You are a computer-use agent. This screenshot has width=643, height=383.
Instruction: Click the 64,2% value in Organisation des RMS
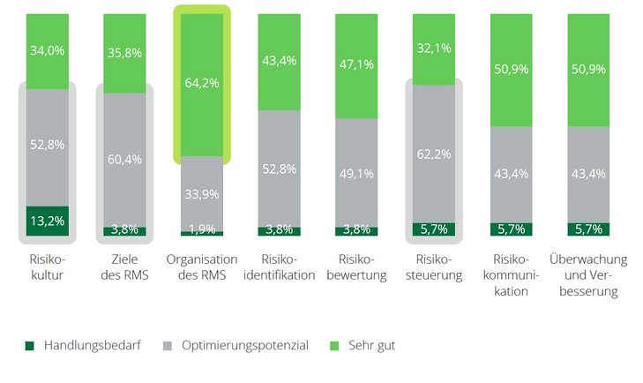(x=202, y=83)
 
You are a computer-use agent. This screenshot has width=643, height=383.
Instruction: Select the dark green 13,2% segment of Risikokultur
(x=48, y=222)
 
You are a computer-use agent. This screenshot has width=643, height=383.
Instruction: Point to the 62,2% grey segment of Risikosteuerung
(x=434, y=154)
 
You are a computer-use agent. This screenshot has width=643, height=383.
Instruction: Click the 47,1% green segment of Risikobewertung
(x=356, y=64)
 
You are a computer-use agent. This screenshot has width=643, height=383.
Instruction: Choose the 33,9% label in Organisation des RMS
(x=202, y=193)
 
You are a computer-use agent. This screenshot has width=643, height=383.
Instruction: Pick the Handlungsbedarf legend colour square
(x=31, y=345)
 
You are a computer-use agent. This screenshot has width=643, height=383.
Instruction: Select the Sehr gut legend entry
(x=370, y=345)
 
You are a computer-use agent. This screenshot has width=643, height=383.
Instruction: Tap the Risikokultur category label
(x=48, y=267)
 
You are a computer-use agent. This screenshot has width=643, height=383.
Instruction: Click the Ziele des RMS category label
(x=125, y=267)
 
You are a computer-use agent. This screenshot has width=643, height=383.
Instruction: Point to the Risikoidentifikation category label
(x=280, y=267)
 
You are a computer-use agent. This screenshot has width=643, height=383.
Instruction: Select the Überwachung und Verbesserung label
(x=588, y=274)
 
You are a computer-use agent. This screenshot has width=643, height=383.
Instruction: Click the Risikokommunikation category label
(x=511, y=274)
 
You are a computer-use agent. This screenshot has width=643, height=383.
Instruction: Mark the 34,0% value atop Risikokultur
(x=48, y=50)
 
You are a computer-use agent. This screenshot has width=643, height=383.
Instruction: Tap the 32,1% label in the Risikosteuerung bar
(x=434, y=49)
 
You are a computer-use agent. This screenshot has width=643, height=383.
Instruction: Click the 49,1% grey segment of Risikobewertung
(x=356, y=174)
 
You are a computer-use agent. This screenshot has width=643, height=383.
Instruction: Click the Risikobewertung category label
(x=356, y=267)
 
